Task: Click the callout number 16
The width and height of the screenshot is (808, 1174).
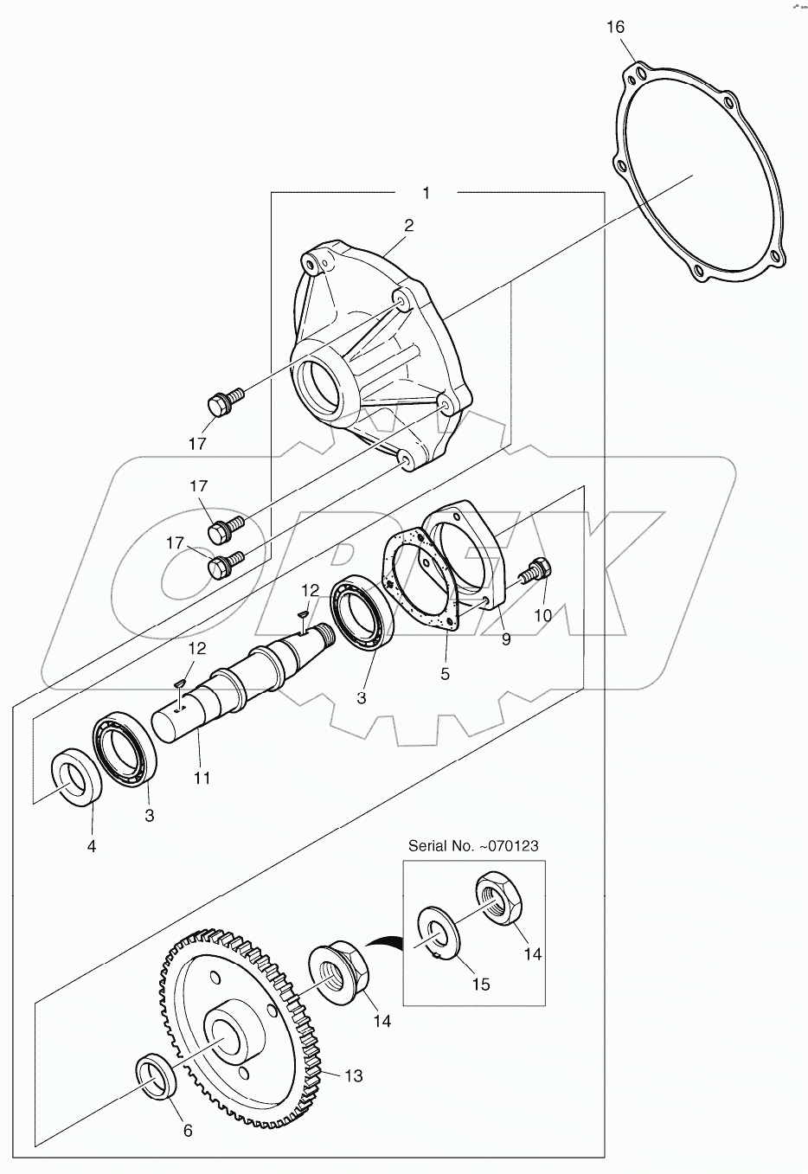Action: click(x=615, y=27)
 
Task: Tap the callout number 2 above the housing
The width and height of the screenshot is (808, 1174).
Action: click(x=408, y=226)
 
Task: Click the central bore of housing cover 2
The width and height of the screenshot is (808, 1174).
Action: click(x=323, y=383)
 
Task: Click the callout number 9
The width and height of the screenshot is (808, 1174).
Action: click(x=506, y=639)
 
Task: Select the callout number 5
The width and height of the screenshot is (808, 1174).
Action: click(x=445, y=673)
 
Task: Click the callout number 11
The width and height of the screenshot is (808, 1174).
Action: click(x=202, y=778)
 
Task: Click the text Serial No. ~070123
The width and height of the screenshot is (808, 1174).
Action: click(x=474, y=845)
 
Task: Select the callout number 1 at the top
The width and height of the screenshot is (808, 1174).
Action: click(x=426, y=192)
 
